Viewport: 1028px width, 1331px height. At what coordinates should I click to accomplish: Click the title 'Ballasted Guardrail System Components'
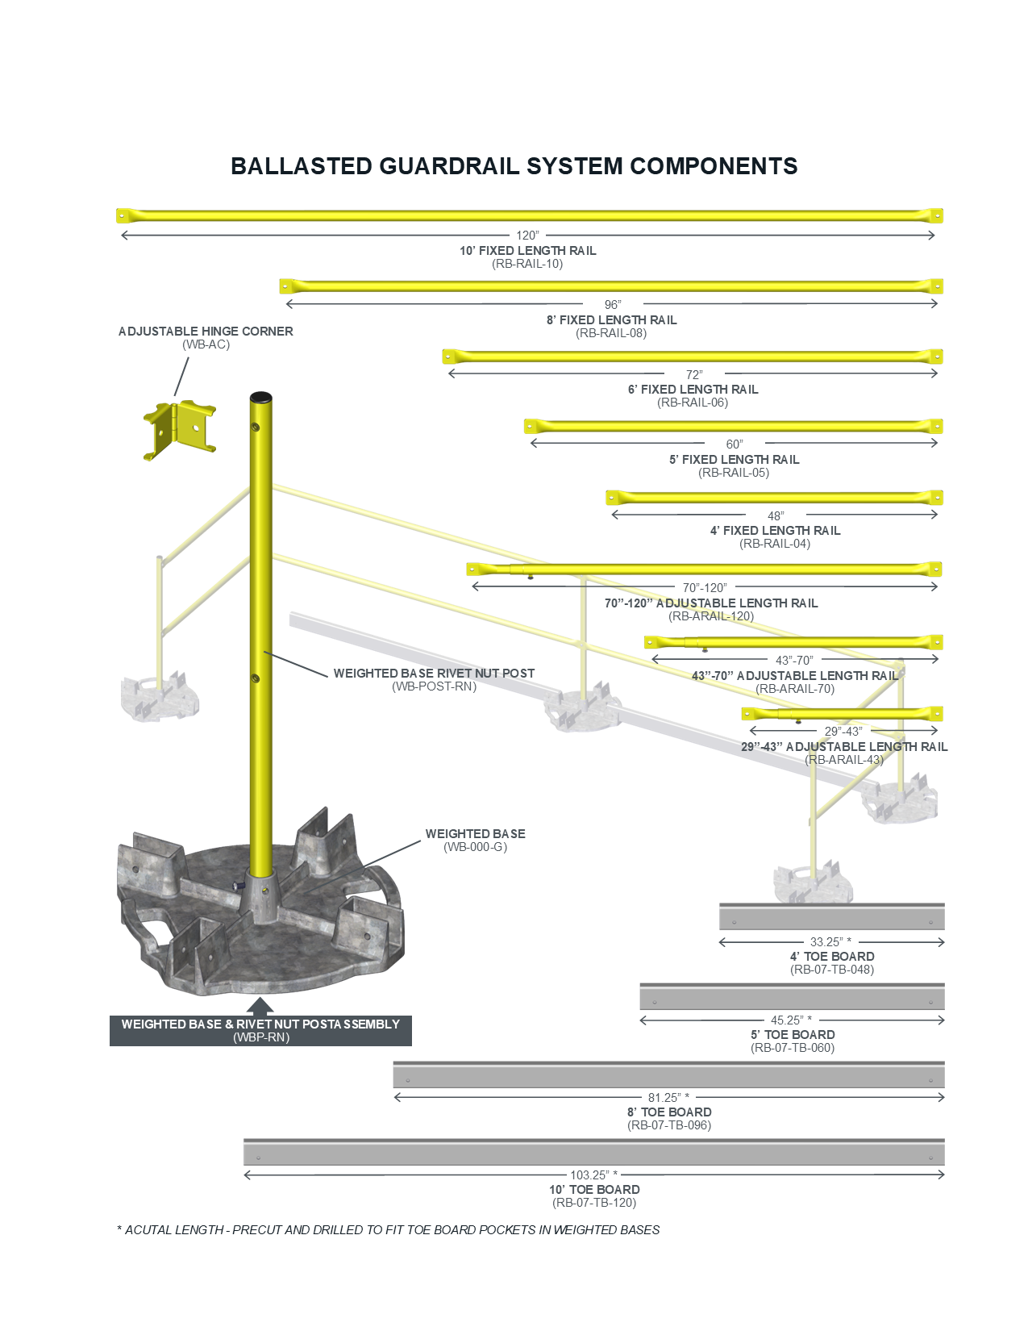514,166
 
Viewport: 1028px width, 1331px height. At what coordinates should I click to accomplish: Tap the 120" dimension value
527,236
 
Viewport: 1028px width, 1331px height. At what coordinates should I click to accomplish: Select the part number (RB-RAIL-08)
611,333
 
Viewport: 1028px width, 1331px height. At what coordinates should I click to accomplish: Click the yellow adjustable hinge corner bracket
180,429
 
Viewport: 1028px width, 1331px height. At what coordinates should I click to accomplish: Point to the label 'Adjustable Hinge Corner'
206,332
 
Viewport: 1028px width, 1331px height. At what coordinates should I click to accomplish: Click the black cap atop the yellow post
260,398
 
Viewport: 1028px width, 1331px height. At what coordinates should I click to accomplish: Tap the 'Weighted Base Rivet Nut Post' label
434,674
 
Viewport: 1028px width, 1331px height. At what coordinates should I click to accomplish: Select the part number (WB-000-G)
475,847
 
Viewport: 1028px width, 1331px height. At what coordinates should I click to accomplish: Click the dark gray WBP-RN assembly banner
260,1030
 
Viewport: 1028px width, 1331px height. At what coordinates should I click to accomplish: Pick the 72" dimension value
694,375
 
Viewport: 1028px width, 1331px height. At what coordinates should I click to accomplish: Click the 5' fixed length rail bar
733,426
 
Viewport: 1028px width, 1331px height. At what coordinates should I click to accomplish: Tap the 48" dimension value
776,516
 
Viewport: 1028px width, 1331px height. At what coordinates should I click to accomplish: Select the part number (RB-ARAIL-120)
711,616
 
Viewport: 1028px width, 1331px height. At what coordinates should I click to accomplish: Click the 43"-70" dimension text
794,661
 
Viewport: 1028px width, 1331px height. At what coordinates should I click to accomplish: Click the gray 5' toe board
792,997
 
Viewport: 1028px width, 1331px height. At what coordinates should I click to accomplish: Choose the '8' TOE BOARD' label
669,1112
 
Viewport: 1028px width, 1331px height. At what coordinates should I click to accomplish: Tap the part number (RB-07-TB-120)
594,1203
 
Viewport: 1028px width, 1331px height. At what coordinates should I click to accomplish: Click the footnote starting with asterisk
388,1230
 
